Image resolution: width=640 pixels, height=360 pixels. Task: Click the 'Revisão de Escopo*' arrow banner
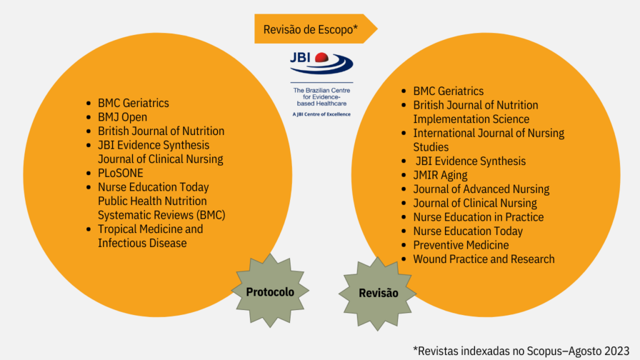(x=315, y=29)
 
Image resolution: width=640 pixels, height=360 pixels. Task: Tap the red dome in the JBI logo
(x=322, y=57)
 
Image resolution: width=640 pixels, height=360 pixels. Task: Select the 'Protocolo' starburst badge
(x=270, y=291)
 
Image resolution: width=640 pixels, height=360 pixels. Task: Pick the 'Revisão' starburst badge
(x=378, y=294)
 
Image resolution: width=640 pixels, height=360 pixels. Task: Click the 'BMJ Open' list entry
(x=122, y=117)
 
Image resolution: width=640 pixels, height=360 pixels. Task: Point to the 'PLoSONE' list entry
(x=121, y=173)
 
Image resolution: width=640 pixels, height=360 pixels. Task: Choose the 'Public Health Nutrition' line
(x=152, y=201)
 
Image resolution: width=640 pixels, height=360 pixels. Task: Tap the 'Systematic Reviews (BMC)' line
(x=162, y=215)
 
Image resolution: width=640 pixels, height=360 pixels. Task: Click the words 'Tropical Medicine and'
(x=150, y=229)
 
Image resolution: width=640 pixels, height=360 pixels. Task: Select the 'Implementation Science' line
(x=471, y=119)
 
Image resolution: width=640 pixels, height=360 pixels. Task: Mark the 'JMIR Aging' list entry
(x=441, y=175)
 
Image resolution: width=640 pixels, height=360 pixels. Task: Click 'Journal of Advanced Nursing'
(x=481, y=189)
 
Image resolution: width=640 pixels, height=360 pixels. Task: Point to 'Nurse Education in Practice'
(x=478, y=217)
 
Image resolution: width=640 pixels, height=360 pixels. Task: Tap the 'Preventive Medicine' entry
(x=461, y=245)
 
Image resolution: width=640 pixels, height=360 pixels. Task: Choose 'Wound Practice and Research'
(x=484, y=259)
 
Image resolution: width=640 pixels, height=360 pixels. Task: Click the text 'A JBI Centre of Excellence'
(x=322, y=114)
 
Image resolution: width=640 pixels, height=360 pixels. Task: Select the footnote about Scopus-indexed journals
(x=521, y=351)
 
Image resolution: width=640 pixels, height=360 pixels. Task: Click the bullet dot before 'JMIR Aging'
(x=404, y=175)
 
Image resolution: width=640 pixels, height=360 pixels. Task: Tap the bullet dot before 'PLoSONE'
(x=89, y=173)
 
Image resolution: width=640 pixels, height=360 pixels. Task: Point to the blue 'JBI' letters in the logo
(x=301, y=57)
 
